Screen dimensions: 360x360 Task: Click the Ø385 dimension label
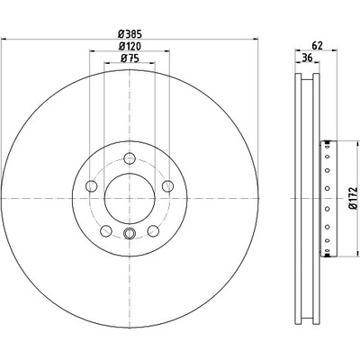point(130,34)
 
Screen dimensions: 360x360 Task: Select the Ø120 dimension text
point(130,46)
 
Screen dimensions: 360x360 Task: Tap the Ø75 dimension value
point(130,58)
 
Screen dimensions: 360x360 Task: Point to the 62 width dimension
point(317,46)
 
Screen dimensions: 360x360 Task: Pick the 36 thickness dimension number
point(307,58)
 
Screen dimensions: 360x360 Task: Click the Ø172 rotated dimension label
point(354,198)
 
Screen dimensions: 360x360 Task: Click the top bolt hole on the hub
point(130,158)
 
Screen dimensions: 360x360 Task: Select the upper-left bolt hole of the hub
point(92,186)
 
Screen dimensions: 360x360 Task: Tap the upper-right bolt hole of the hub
point(167,186)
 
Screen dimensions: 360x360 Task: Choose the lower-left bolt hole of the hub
point(106,230)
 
